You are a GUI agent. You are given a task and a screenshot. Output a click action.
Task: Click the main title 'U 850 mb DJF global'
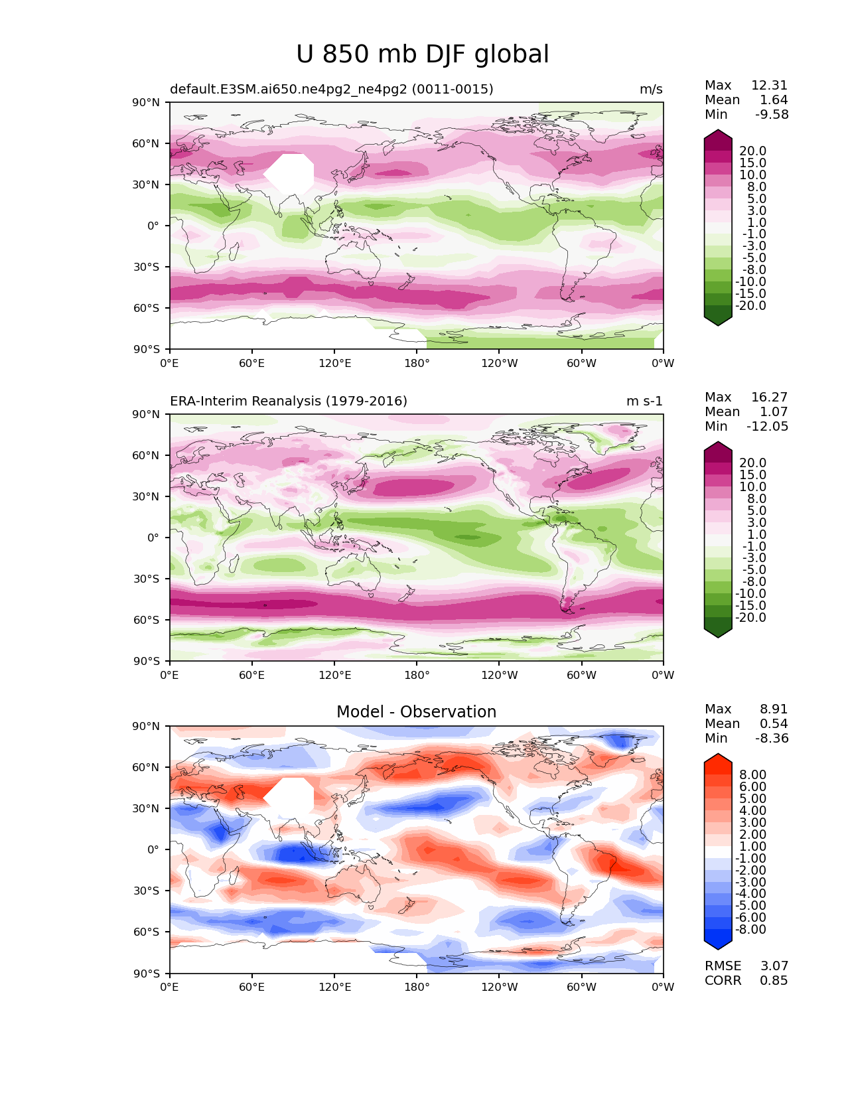pos(422,54)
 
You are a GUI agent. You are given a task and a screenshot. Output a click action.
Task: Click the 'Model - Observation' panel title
pos(416,711)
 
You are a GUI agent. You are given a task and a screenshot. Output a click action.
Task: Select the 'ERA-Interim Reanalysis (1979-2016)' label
pos(288,401)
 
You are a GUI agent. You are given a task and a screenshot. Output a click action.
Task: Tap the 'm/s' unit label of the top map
pos(651,89)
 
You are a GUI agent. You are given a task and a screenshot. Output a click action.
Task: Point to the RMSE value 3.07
pos(774,966)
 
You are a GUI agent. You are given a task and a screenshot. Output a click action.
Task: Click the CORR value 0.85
pos(774,980)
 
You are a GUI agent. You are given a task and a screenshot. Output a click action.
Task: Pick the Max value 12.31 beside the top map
pos(770,85)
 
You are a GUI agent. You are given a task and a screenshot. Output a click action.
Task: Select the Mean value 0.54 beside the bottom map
pos(774,723)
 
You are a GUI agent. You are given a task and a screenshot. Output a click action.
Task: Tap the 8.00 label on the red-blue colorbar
pos(753,774)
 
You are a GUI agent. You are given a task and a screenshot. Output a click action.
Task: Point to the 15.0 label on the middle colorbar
pos(753,475)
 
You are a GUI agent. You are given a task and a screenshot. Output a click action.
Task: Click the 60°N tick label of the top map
pos(145,143)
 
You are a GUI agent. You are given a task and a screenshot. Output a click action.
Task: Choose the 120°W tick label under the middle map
pos(500,675)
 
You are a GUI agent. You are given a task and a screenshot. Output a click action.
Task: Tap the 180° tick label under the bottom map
pos(417,987)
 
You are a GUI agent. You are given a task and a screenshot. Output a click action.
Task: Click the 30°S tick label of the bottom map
pos(146,891)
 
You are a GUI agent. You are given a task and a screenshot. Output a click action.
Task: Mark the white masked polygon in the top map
pos(289,174)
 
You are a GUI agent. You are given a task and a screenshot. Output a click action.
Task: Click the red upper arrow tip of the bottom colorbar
pos(717,754)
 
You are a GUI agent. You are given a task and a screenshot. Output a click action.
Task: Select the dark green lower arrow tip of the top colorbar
pos(717,325)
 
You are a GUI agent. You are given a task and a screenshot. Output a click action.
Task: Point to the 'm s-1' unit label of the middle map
pos(644,401)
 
